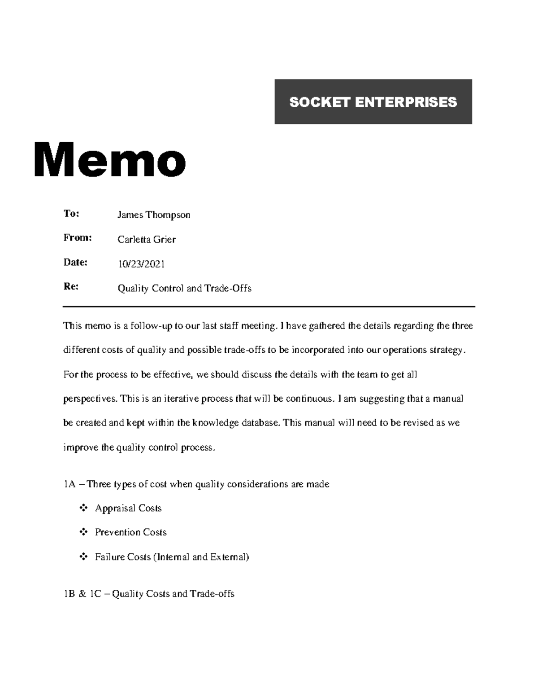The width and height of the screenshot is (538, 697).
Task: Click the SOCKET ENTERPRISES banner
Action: [373, 102]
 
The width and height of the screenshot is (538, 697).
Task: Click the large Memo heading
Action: [110, 160]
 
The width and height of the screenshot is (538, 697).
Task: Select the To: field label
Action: [71, 214]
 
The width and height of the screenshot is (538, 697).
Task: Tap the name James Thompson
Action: [154, 215]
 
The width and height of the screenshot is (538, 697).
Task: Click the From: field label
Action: [77, 238]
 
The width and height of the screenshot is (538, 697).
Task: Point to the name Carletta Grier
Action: [147, 239]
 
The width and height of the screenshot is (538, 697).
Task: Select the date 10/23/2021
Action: [141, 264]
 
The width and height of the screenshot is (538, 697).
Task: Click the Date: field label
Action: [75, 262]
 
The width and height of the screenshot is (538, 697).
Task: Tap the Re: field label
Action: [71, 286]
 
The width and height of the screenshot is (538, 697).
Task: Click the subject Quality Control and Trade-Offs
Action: [184, 288]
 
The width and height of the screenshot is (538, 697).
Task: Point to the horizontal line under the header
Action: [269, 307]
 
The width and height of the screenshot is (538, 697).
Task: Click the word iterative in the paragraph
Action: [182, 399]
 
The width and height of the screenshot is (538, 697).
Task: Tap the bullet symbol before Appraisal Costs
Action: [83, 508]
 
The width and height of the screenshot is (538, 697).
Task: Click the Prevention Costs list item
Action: [130, 532]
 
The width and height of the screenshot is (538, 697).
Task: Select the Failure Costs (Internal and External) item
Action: [172, 557]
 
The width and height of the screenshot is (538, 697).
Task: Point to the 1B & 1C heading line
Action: [149, 594]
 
